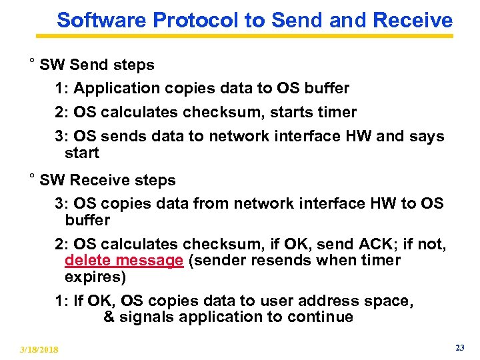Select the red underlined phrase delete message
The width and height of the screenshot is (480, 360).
(x=123, y=261)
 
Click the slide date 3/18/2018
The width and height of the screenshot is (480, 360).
(x=39, y=349)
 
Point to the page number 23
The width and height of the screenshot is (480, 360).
(x=459, y=348)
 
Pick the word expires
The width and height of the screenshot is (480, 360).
(x=95, y=277)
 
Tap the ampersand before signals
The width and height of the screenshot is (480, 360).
(x=109, y=317)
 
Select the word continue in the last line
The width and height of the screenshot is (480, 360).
(x=321, y=317)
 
